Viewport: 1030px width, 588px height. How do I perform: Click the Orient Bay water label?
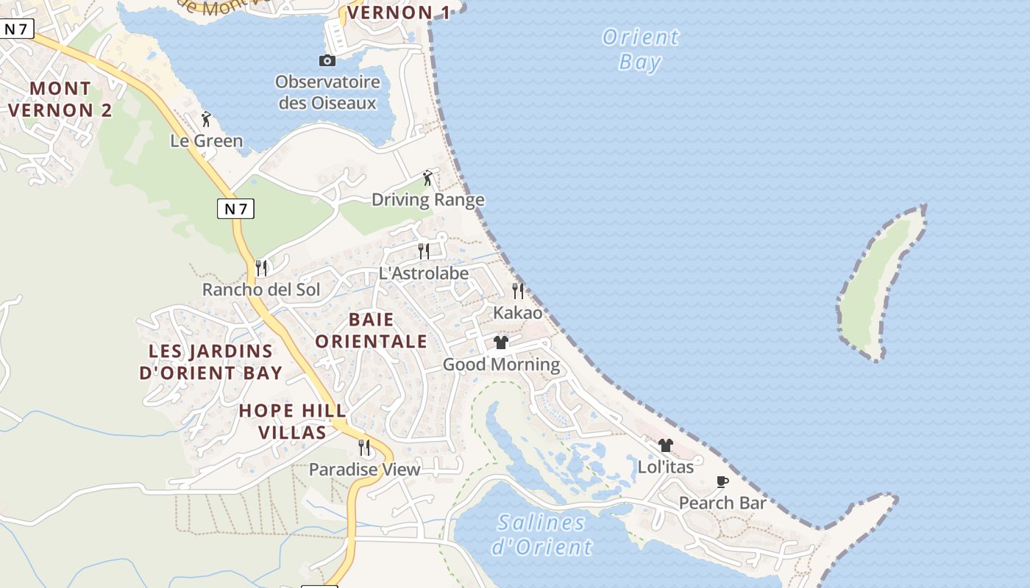(x=640, y=49)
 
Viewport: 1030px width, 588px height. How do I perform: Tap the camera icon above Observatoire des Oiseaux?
(x=327, y=60)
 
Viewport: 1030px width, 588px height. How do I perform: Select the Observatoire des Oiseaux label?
(x=327, y=93)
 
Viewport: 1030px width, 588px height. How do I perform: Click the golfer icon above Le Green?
(x=206, y=119)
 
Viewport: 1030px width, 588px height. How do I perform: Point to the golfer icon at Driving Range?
(x=427, y=178)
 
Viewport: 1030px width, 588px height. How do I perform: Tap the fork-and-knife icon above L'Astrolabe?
(x=424, y=251)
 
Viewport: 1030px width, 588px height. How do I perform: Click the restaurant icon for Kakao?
(x=518, y=291)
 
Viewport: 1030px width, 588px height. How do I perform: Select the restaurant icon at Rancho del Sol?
(x=261, y=268)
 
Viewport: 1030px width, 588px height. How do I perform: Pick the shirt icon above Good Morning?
(x=501, y=343)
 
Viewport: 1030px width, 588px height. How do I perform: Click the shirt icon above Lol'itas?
(x=666, y=445)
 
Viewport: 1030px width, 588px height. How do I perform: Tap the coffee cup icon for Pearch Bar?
(x=722, y=482)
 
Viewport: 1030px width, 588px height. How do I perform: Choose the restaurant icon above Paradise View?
(x=364, y=448)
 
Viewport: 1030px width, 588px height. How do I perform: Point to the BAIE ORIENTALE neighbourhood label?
(x=372, y=330)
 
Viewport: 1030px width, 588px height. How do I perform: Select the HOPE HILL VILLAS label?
(x=292, y=421)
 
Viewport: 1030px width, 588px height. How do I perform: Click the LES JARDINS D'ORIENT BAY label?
(x=211, y=362)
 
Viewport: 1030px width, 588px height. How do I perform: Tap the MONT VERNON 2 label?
(x=60, y=99)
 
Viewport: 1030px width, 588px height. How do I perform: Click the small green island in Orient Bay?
(x=880, y=283)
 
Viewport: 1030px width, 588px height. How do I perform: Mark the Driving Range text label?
(x=427, y=200)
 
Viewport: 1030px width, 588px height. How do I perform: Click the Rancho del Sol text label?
(x=261, y=290)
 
